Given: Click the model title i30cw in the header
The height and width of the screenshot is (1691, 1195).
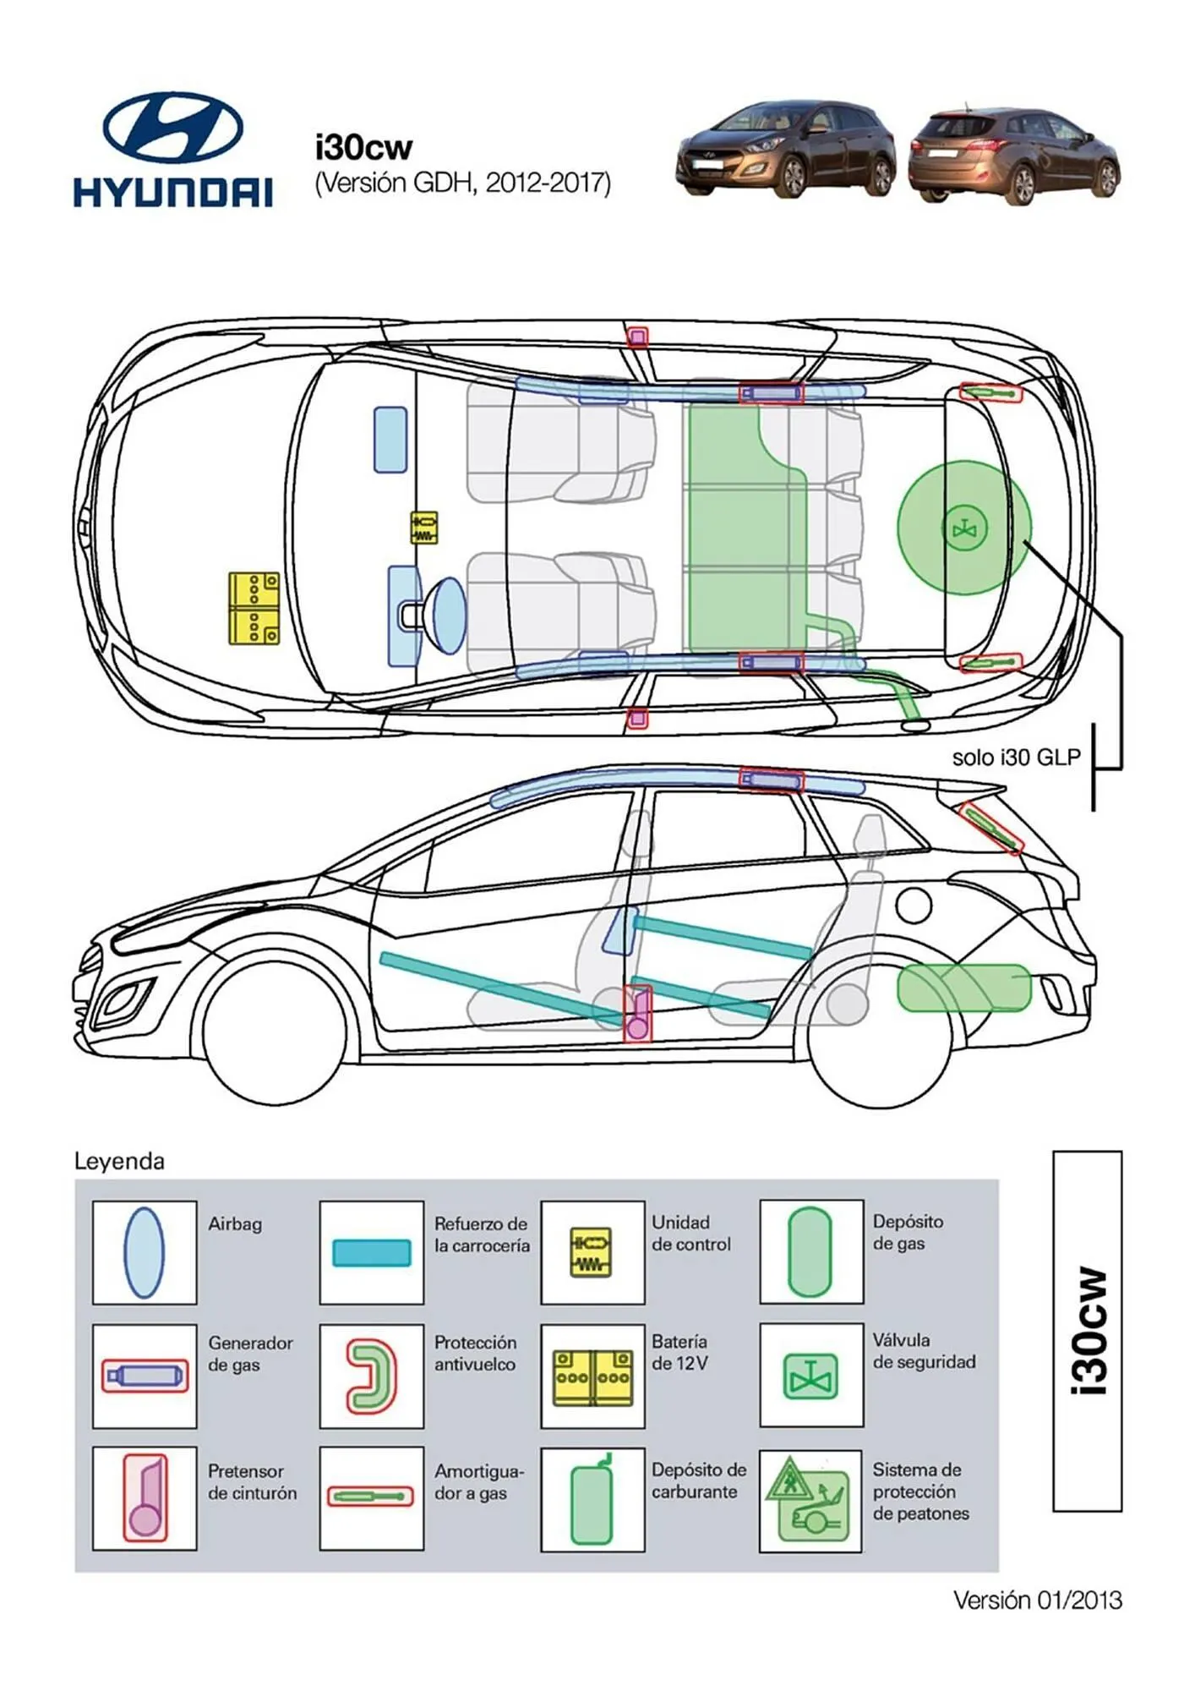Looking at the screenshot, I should pos(363,147).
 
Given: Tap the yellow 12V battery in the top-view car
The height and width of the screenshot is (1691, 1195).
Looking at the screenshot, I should pos(254,608).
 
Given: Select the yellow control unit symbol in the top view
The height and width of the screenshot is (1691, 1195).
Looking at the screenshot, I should pos(424,528).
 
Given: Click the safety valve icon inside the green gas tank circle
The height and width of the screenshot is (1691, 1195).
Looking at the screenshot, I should pos(963,529).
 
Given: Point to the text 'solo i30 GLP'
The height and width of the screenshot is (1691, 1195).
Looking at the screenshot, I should pos(1016,758).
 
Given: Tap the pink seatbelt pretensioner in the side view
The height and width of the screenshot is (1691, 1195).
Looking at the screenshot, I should pos(638,1015).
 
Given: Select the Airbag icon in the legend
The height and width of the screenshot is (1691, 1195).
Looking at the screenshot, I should pos(144,1252).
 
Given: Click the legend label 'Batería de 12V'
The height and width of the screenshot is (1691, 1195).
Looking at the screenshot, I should pos(679,1352).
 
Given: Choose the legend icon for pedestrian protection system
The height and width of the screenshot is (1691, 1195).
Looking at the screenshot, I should pos(810,1500).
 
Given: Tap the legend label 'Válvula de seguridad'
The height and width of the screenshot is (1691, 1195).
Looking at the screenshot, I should pos(923,1351).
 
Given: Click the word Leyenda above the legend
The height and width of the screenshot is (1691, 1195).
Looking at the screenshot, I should pos(119,1161).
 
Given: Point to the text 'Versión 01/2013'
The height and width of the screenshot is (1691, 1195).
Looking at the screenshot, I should pos(1037,1600).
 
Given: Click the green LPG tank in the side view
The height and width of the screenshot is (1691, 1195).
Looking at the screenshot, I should pos(963,988).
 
